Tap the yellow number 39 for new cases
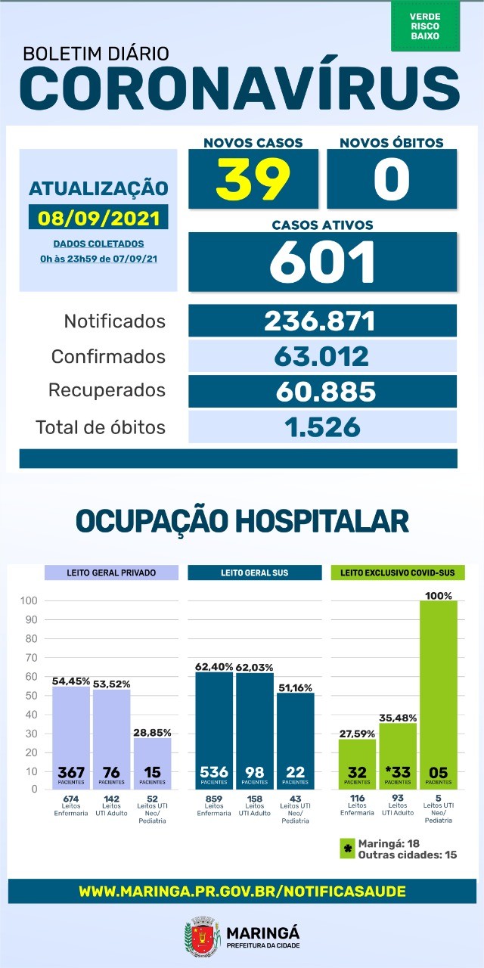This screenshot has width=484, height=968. click(x=253, y=178)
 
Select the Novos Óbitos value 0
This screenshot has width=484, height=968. click(x=391, y=178)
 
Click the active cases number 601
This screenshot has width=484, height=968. click(x=322, y=262)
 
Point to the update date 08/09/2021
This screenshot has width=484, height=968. click(x=98, y=218)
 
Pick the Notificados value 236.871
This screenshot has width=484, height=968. click(x=321, y=321)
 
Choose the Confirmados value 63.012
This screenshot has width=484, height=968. click(x=321, y=356)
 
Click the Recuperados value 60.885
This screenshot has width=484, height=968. click(x=321, y=391)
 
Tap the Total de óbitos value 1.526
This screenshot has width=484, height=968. click(x=321, y=427)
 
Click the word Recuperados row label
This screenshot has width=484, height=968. click(x=107, y=391)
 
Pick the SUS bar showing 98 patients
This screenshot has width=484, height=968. click(x=255, y=731)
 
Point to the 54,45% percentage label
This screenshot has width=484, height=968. click(x=70, y=681)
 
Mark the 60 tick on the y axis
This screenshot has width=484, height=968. click(x=29, y=676)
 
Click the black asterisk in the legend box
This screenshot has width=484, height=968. click(x=348, y=849)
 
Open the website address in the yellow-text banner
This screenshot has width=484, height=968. click(x=242, y=892)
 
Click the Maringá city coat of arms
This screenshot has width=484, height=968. click(x=201, y=935)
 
